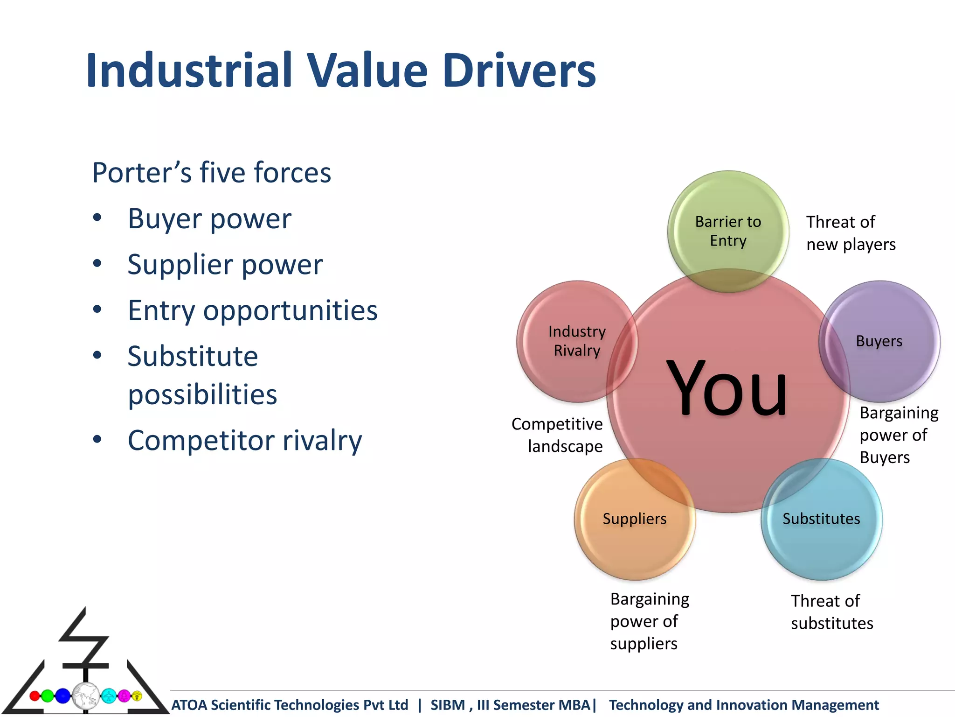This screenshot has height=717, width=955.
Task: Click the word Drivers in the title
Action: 519,71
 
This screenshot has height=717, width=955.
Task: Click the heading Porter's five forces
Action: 211,173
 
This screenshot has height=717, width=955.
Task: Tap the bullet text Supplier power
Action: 225,265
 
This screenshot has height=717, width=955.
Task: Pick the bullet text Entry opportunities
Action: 252,310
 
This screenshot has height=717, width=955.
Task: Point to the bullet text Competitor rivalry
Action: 245,440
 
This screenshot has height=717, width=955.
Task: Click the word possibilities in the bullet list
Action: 202,394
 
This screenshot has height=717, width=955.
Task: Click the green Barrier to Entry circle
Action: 727,231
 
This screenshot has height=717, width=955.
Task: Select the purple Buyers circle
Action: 879,341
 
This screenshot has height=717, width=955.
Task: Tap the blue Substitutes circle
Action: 821,519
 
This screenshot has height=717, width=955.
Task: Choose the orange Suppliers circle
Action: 634,519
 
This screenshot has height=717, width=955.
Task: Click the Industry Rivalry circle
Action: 577,341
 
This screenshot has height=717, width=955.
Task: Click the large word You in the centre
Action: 727,388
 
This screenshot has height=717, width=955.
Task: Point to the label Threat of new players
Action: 850,233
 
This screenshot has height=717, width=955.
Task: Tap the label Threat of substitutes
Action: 831,612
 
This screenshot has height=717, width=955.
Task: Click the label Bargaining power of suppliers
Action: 649,621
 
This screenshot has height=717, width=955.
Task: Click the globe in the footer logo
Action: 85,696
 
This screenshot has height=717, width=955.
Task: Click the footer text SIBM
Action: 448,705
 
